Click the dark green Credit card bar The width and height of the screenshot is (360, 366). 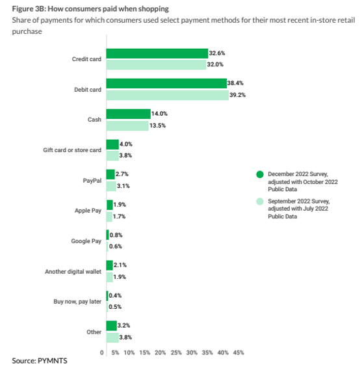157,53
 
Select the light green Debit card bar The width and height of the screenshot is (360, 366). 167,95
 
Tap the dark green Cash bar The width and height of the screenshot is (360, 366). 128,114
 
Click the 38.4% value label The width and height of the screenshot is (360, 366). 237,83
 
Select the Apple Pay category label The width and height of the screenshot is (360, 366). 88,211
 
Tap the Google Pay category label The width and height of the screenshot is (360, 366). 86,241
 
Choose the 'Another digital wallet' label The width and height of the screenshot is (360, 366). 73,271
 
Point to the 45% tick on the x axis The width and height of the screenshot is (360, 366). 238,352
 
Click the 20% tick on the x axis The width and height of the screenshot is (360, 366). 161,352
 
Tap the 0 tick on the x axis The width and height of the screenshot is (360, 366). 102,352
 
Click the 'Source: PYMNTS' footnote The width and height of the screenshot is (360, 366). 40,359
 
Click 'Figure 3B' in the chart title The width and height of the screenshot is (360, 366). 29,8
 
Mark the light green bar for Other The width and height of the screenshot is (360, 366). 112,338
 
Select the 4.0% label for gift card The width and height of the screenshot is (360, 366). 128,144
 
